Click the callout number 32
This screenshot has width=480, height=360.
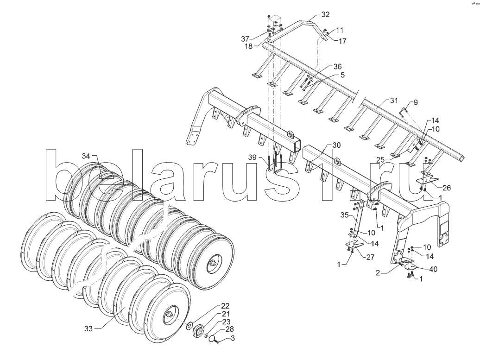(325, 15)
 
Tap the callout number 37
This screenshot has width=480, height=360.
(257, 38)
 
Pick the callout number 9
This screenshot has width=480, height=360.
(415, 102)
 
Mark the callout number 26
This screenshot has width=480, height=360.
(446, 188)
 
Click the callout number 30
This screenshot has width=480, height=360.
(336, 145)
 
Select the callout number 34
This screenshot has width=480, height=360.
(87, 156)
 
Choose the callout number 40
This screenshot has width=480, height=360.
(433, 269)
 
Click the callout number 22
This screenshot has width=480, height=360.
(225, 305)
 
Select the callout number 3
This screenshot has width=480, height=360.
(233, 339)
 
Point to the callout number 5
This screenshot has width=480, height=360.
(342, 75)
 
